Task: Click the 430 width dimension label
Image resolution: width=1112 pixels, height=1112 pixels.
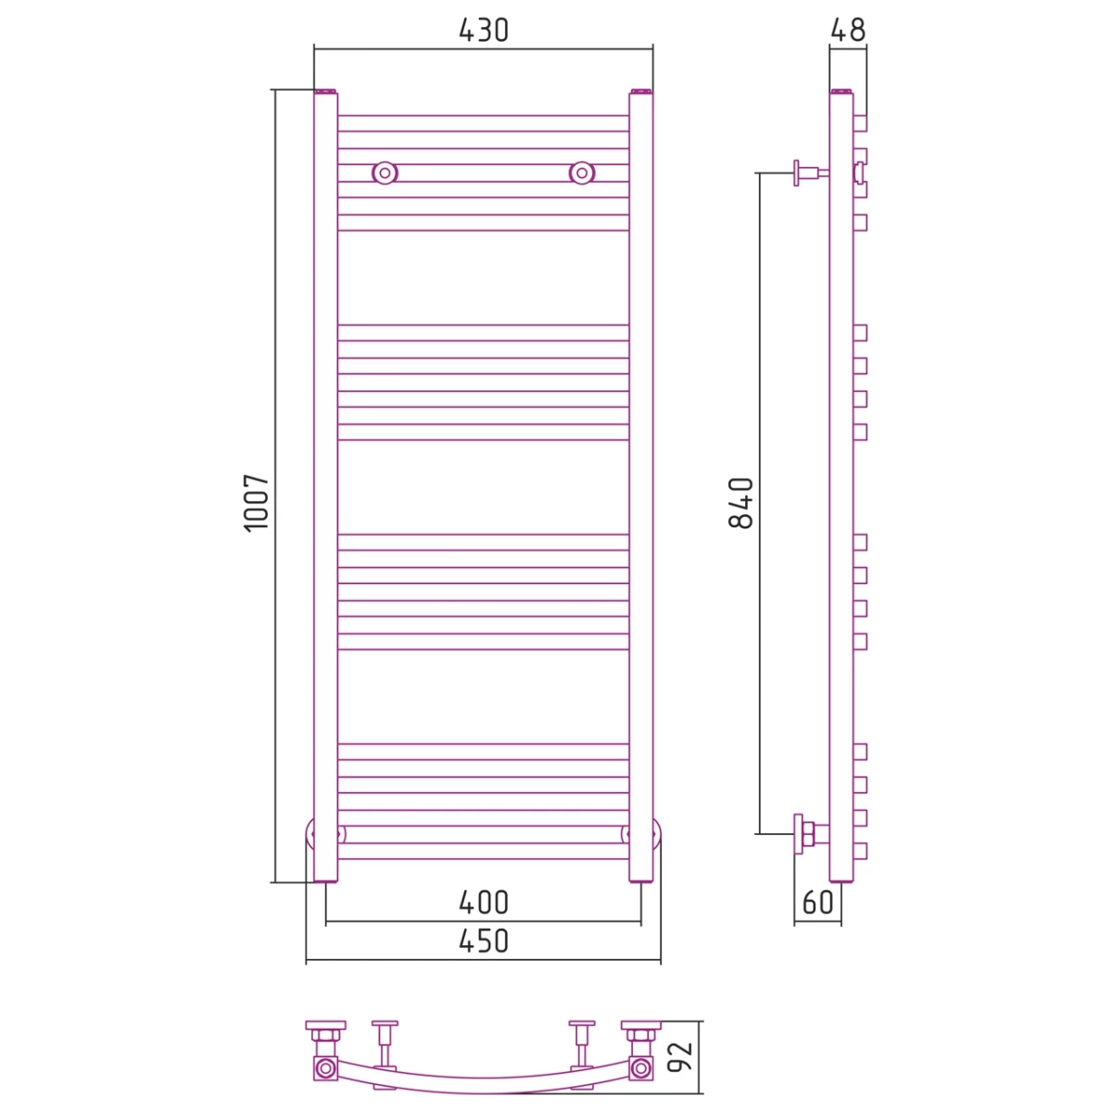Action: coord(483,31)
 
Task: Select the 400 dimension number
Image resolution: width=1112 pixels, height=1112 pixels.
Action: coord(484,903)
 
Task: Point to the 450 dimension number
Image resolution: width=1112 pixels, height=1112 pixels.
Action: coord(484,941)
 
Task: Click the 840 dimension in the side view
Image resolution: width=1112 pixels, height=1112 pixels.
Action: coord(741,503)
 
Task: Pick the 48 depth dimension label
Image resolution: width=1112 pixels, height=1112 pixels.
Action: coord(848,31)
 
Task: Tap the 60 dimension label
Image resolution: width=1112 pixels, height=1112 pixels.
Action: coord(817,903)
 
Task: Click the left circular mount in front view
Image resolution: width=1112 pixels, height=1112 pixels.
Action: coord(385,172)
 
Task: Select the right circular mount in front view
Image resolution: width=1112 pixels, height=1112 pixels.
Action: coord(582,172)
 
